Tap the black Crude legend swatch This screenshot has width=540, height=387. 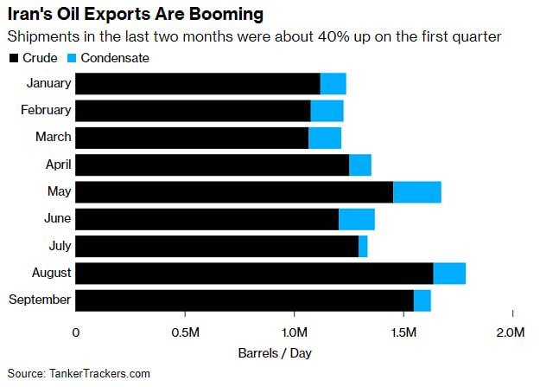tap(13, 58)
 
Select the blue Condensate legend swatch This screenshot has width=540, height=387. tap(74, 58)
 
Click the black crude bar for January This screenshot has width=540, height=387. tap(198, 83)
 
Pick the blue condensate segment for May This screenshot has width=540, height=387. tap(416, 191)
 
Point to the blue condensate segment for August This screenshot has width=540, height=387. tap(449, 273)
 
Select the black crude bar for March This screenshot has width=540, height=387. tap(192, 138)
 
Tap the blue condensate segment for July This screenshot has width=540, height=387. tap(363, 246)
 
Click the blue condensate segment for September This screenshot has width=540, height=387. tap(422, 300)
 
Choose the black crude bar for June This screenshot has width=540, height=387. tap(207, 219)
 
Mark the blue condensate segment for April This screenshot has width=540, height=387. tap(360, 164)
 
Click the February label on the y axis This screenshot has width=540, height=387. tap(46, 110)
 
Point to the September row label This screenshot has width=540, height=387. tap(39, 300)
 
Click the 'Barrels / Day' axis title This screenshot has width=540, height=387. tap(275, 353)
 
